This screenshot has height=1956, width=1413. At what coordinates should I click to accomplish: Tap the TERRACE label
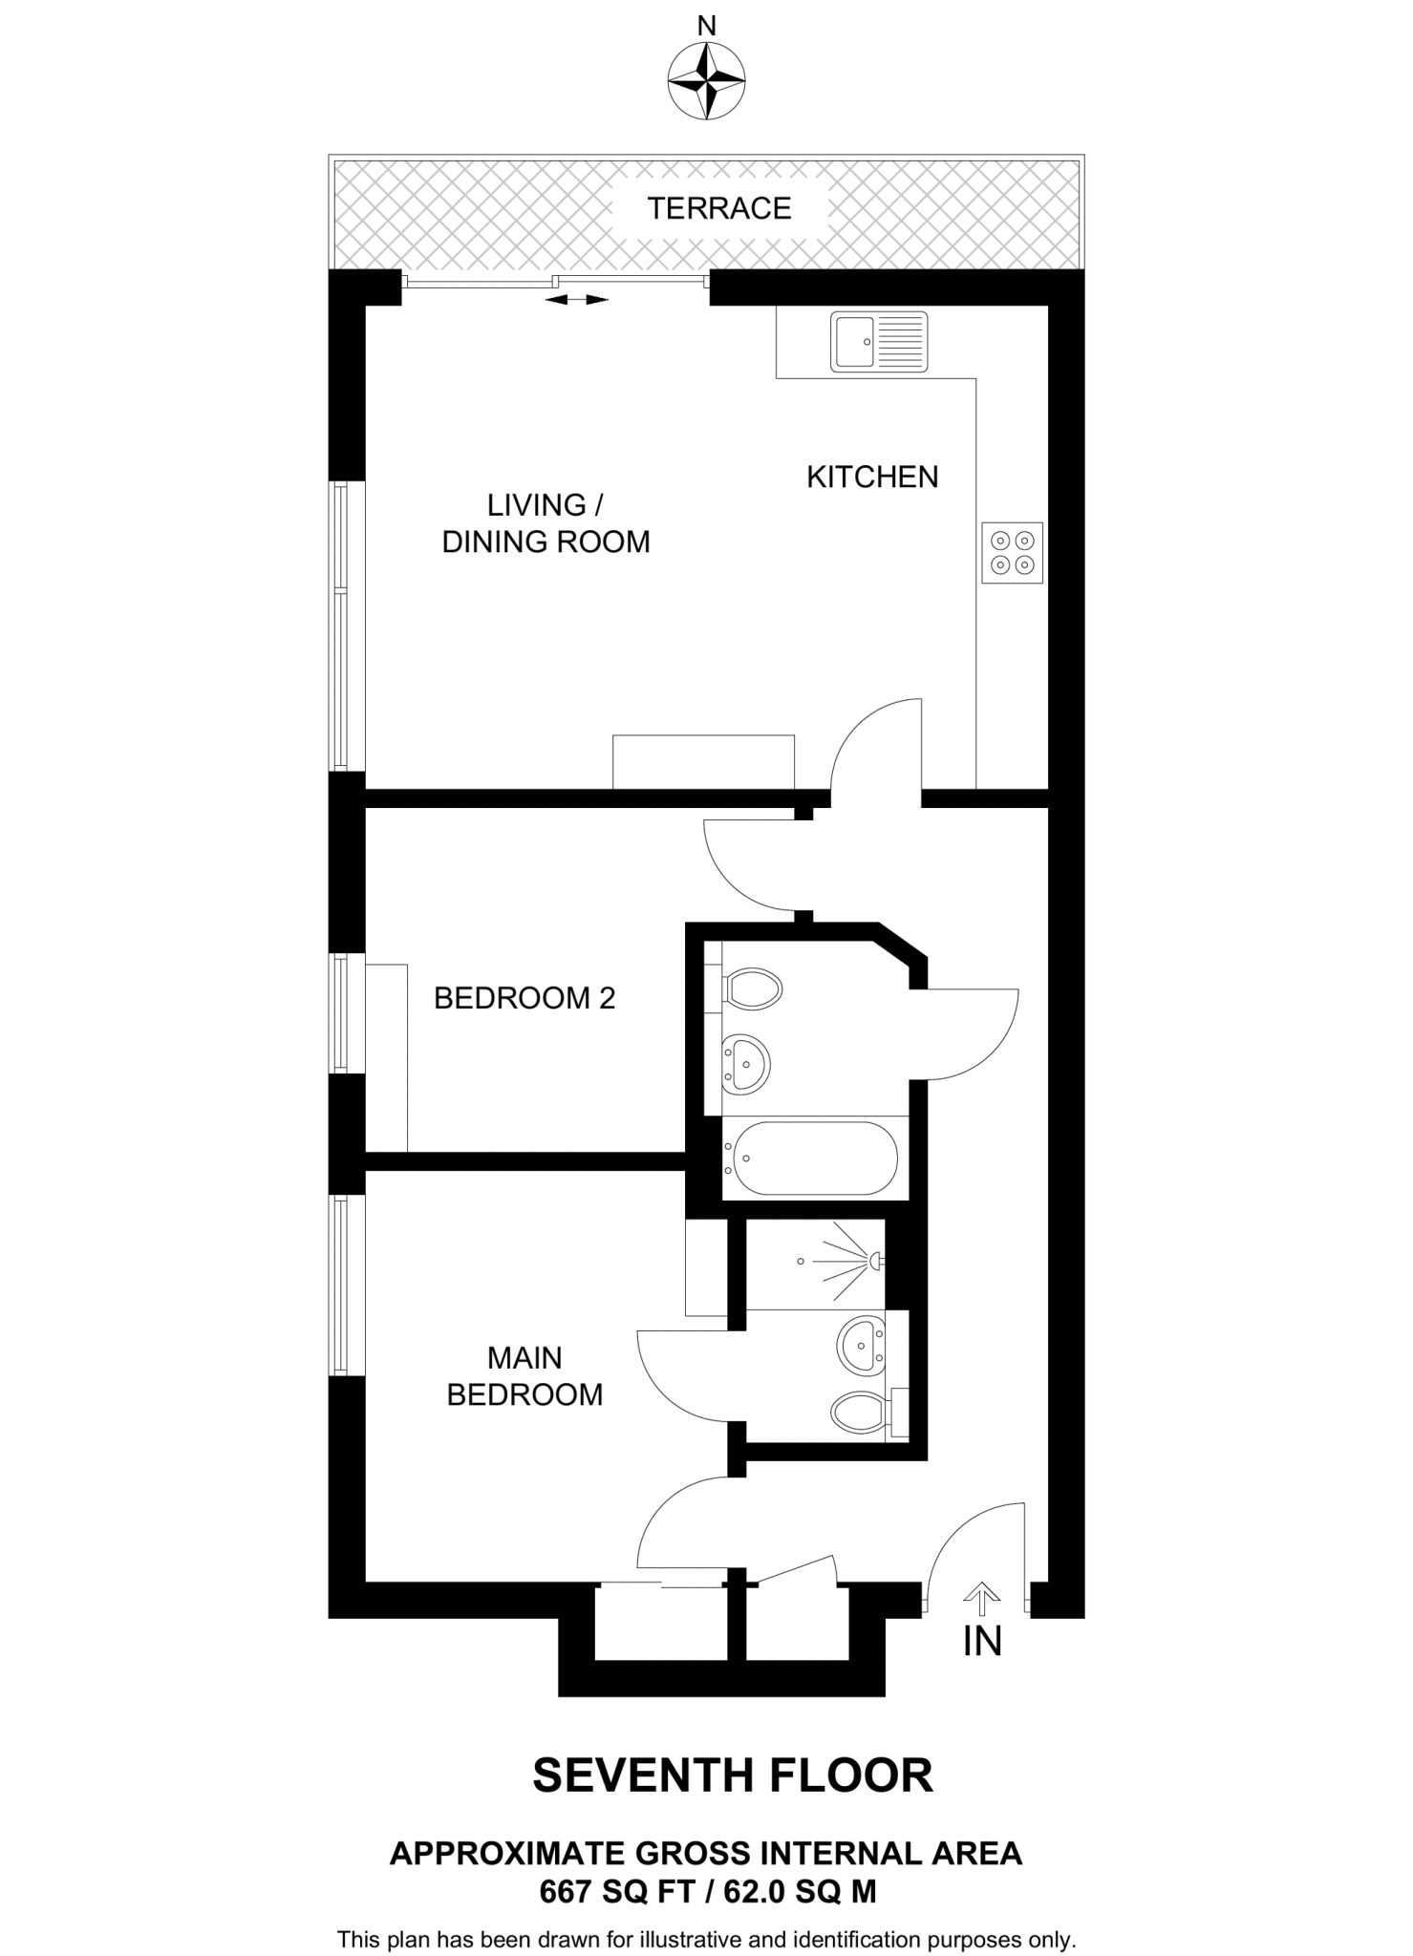pos(719,208)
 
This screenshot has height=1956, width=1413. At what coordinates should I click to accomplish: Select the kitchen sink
pos(879,341)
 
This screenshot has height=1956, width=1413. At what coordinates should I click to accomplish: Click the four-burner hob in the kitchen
pos(1013,553)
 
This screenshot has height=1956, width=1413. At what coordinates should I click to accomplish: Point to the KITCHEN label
pos(872,477)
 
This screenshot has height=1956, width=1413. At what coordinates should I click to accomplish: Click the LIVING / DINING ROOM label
pos(546,523)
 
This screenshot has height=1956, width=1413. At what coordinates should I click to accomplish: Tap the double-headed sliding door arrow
pos(576,300)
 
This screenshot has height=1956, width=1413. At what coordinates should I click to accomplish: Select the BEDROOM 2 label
pos(525,998)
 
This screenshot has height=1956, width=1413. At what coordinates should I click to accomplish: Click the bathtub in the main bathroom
pos(810,1158)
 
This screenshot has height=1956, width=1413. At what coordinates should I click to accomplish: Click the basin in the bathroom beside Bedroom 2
pos(746,1062)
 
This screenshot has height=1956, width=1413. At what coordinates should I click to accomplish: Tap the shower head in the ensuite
pos(875,1262)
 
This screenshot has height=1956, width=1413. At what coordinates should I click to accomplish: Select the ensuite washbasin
pos(861,1347)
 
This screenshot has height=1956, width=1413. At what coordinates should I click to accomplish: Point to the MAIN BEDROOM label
pos(525,1376)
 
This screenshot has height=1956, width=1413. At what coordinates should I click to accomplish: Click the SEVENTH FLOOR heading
pos(732,1775)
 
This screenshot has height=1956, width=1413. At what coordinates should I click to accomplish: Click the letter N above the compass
pos(706,27)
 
